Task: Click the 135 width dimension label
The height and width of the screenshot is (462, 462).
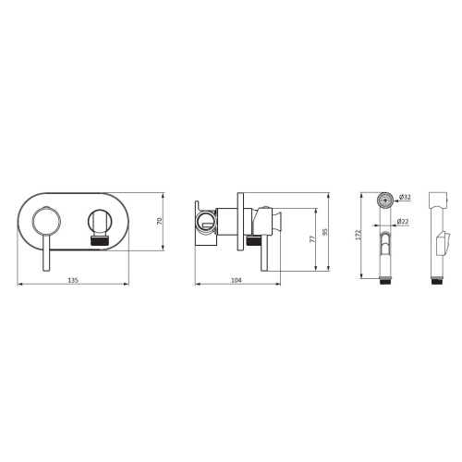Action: tap(73, 280)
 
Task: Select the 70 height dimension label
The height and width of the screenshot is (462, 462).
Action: tap(160, 221)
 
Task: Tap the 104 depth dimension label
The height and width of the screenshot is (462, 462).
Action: tap(237, 280)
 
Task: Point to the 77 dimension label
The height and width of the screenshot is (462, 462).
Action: tap(312, 239)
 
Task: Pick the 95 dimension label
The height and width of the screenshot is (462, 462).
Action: tap(325, 232)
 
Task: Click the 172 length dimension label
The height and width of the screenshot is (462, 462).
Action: tap(358, 235)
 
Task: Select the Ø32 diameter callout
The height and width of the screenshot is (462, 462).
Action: tap(405, 197)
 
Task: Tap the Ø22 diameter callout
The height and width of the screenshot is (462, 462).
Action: tap(403, 221)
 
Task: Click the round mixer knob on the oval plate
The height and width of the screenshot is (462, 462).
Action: tap(46, 222)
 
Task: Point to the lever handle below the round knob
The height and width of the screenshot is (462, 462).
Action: tap(46, 252)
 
